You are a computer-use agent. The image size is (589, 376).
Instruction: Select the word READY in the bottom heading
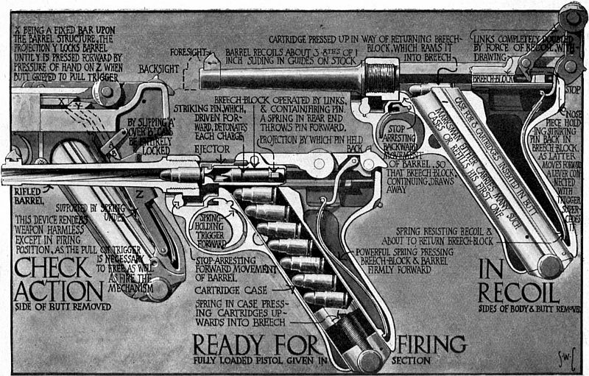coord(221,344)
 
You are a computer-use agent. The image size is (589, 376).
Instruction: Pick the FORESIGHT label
coord(190,53)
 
